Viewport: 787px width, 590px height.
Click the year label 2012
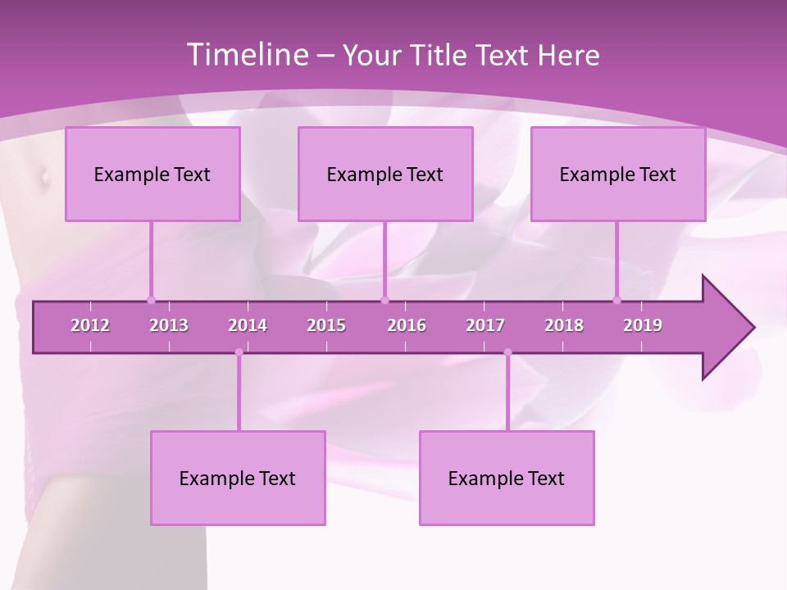pos(90,325)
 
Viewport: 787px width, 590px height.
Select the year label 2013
pos(169,325)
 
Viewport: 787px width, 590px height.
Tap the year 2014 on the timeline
pos(248,325)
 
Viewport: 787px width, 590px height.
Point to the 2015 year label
pos(326,325)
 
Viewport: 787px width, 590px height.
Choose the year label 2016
pos(407,325)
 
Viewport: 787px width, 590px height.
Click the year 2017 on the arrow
pos(485,325)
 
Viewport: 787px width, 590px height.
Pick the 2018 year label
pos(564,325)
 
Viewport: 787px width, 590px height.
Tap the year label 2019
pos(643,325)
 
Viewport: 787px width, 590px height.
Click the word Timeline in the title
pos(246,55)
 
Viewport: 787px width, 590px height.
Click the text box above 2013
pos(152,174)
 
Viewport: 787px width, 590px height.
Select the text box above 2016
pos(385,174)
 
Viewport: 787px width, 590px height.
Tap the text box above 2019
pos(618,174)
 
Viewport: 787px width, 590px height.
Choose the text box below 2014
pos(238,478)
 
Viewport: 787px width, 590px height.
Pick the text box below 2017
pos(507,478)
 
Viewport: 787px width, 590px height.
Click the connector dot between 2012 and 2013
pos(151,300)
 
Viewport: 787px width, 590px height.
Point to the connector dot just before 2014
pos(239,352)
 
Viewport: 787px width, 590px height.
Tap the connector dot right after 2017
pos(507,352)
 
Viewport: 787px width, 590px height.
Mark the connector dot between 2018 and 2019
pos(617,300)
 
